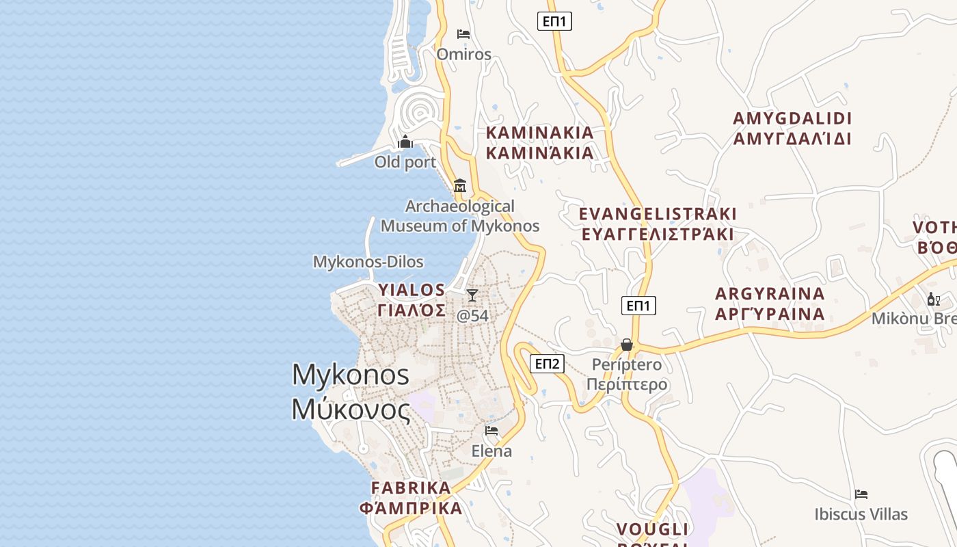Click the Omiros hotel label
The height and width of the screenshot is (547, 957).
[463, 54]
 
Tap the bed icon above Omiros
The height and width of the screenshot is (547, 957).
[463, 34]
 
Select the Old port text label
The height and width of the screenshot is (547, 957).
[405, 162]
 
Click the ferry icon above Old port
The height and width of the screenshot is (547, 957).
[405, 142]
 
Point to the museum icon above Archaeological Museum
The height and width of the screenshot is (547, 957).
[460, 185]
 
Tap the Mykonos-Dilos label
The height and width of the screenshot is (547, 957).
[368, 262]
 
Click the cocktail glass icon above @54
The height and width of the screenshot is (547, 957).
[472, 295]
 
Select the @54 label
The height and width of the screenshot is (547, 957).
[472, 316]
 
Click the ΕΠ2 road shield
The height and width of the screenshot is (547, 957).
[547, 364]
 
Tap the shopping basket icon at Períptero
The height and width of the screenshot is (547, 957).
[627, 345]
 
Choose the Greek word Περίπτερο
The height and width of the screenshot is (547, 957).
[627, 384]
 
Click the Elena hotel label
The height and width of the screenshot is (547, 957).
[491, 451]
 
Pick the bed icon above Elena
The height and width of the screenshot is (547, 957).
[491, 431]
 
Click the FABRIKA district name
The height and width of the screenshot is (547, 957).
[411, 488]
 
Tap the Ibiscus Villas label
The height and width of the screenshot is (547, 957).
[861, 514]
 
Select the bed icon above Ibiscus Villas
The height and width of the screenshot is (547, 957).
[861, 494]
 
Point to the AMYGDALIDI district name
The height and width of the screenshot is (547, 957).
[792, 118]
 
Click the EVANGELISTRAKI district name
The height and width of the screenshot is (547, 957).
[658, 214]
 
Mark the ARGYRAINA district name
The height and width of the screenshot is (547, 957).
[770, 294]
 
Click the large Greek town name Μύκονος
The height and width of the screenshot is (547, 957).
[351, 410]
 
